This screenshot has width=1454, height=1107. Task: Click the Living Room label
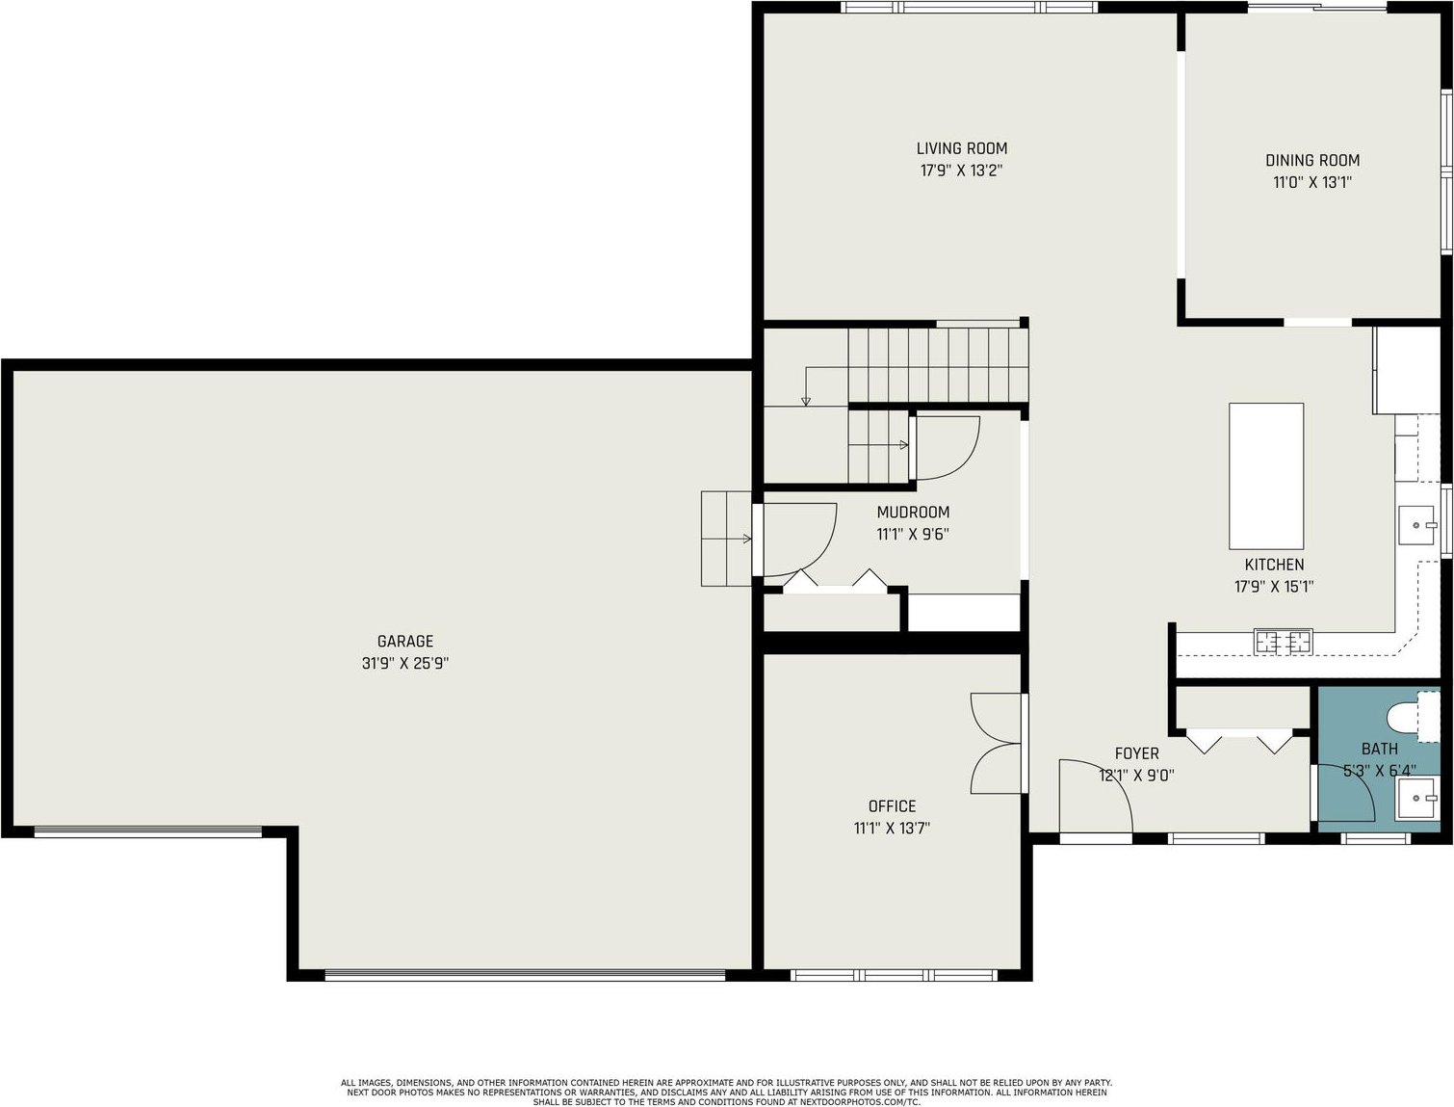[x=961, y=148]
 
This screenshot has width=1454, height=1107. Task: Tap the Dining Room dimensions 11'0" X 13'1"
[x=1311, y=182]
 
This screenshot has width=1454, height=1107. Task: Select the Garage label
[x=404, y=642]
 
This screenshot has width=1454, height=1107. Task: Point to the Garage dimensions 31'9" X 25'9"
[x=404, y=663]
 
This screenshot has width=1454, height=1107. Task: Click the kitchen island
[x=1266, y=476]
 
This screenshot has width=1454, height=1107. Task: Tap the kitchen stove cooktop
[x=1284, y=642]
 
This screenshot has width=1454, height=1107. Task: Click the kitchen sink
[x=1416, y=525]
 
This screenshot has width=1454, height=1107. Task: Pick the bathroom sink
[x=1415, y=799]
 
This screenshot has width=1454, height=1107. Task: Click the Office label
[x=892, y=806]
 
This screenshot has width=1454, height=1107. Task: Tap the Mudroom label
[x=913, y=513]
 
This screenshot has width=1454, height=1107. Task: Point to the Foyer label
[x=1136, y=753]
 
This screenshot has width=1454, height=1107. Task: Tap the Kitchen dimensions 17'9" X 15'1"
[x=1274, y=587]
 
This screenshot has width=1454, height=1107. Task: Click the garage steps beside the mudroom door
[x=726, y=539]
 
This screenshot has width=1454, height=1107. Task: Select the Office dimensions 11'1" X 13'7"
[x=892, y=829]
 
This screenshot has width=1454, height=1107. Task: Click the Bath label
[x=1379, y=750]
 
